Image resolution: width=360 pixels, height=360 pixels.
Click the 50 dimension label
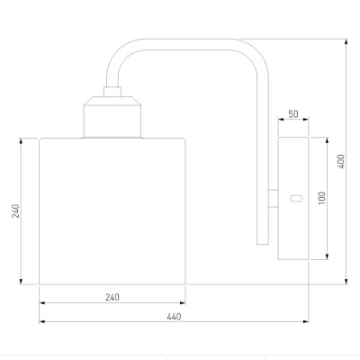click(x=293, y=114)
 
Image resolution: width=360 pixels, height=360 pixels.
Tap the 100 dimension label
click(x=321, y=198)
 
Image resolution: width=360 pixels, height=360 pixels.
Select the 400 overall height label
click(x=341, y=161)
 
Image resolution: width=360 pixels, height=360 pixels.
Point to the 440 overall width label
click(x=174, y=317)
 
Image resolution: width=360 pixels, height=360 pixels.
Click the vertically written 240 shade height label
click(x=15, y=211)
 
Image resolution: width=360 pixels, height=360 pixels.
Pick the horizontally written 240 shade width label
click(x=112, y=297)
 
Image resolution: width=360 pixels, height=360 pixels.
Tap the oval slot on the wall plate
click(x=296, y=198)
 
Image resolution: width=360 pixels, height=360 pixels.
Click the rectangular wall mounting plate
click(x=293, y=198)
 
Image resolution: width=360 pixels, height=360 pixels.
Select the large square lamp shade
click(x=112, y=211)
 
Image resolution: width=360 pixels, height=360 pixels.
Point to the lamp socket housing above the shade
click(x=112, y=117)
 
